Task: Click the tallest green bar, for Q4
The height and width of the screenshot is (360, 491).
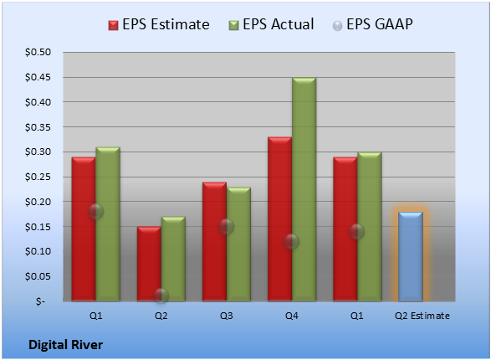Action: point(304,189)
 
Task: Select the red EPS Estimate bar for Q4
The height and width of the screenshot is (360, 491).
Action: point(279,219)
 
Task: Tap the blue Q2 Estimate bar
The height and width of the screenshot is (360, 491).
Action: point(411,257)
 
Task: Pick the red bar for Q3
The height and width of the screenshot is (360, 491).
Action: point(214,242)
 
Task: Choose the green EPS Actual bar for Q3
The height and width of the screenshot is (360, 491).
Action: point(238,244)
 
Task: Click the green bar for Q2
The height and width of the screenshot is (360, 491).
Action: point(173,259)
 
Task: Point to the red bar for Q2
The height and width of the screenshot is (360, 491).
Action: point(149,264)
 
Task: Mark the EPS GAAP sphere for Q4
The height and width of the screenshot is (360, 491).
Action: point(292,242)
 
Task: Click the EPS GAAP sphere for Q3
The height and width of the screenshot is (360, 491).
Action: point(226,227)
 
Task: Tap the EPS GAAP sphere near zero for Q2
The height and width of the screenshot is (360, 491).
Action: point(161,296)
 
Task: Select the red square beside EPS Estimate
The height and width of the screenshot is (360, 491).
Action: point(114,25)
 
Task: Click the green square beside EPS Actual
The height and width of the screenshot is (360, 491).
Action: point(233,25)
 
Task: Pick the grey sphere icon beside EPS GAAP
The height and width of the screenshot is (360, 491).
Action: point(337,26)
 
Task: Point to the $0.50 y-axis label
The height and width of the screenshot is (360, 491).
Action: point(38,52)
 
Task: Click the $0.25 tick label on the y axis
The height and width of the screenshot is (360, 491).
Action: point(38,177)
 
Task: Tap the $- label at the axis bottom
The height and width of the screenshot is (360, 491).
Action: point(40,301)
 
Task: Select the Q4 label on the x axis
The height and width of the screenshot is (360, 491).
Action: point(292,316)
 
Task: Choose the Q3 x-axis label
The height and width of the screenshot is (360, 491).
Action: point(226,316)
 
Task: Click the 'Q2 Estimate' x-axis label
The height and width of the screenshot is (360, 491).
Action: point(422,316)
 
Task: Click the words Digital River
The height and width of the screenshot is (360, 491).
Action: point(65,345)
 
